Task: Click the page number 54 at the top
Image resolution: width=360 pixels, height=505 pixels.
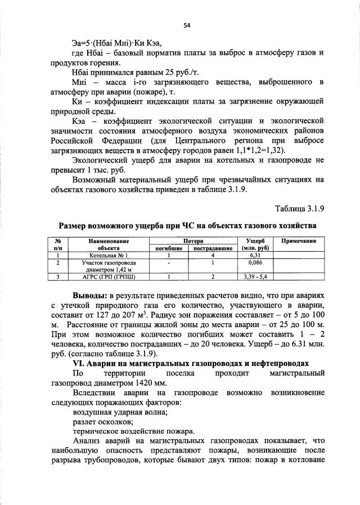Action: pos(187,25)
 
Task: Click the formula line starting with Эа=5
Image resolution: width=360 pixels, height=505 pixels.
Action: pos(120,42)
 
